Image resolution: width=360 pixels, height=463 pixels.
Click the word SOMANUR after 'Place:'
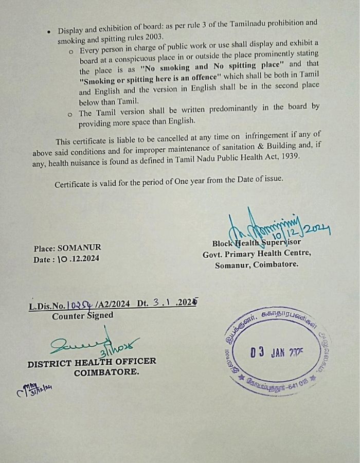coord(80,247)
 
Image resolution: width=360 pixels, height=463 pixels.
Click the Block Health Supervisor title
coord(257,242)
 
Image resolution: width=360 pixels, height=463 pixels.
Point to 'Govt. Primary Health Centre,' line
coord(257,254)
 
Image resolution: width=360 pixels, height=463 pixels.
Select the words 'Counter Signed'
coord(82,316)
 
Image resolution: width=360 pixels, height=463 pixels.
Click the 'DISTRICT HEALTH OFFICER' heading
coord(92,362)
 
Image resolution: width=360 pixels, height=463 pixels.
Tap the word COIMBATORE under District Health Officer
coord(106,372)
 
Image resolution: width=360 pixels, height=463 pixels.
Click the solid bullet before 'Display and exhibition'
coord(49,32)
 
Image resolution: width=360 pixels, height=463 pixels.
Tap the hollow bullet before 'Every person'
coord(70,51)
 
